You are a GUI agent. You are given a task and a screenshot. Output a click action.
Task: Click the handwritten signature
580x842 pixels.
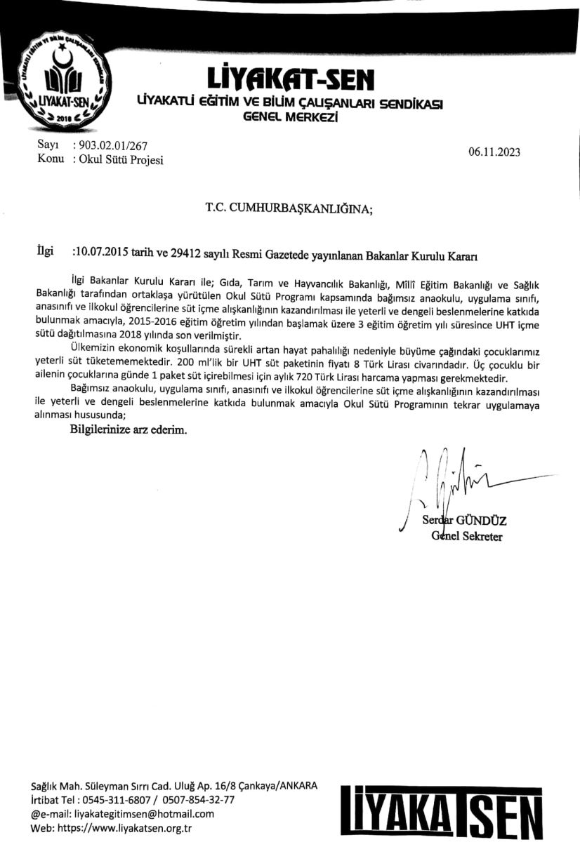tap(449, 477)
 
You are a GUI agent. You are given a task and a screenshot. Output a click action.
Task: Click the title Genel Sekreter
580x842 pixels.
tap(467, 537)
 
